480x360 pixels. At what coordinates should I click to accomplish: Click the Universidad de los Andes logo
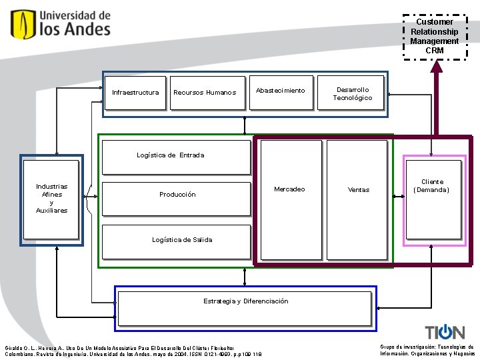pos(61,24)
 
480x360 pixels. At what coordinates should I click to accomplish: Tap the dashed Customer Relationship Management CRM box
pos(435,37)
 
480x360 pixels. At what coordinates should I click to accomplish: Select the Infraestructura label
pos(135,93)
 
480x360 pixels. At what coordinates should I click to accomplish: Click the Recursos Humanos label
pos(205,93)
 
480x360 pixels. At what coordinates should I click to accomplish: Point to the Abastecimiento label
pos(280,91)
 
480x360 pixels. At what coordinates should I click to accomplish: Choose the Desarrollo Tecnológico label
pos(353,94)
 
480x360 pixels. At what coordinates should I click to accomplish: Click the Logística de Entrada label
pos(171,155)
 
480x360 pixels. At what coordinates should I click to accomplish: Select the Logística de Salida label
pos(182,240)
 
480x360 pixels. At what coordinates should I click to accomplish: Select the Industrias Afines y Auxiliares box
pos(51,199)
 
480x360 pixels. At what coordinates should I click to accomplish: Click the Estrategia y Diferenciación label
pos(246,301)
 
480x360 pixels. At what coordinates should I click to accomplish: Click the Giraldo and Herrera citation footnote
pos(133,351)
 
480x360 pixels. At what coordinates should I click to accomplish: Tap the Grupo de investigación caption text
pos(427,351)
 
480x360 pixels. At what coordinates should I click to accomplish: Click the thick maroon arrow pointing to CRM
pos(437,100)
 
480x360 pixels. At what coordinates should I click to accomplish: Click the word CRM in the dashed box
pos(435,51)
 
